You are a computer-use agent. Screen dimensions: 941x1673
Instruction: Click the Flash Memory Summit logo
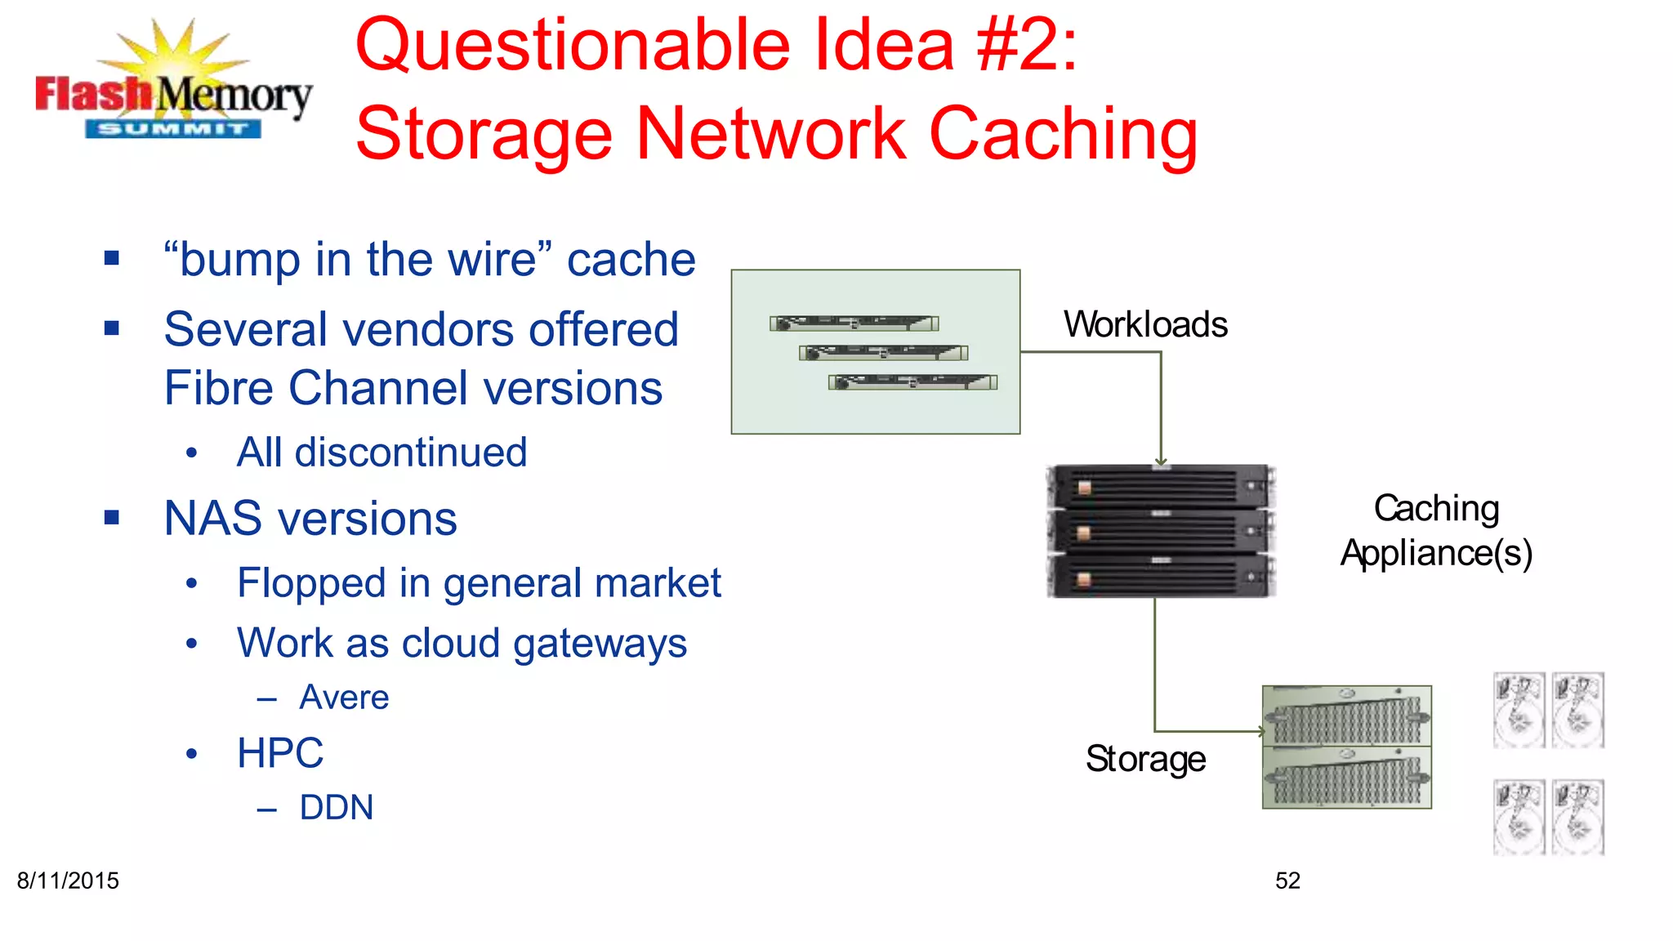(x=173, y=86)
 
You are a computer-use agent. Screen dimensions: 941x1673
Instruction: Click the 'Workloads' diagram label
(x=1145, y=325)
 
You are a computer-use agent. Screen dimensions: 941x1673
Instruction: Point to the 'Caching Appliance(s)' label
(x=1436, y=531)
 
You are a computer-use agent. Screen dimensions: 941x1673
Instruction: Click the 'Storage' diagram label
(x=1145, y=759)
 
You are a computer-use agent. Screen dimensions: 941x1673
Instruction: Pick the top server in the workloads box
(x=854, y=323)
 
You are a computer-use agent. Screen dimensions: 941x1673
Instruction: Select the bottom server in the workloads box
(x=912, y=382)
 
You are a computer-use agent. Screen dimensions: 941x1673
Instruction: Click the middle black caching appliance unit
(x=1161, y=531)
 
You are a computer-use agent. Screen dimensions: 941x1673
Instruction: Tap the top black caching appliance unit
(x=1161, y=487)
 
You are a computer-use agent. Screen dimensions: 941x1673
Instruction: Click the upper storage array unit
(x=1346, y=716)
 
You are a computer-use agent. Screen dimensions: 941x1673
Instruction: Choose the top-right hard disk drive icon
(x=1578, y=710)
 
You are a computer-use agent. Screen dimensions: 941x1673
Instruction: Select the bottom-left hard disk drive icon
(x=1519, y=817)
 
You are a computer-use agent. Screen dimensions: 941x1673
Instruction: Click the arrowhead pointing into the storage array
(x=1260, y=731)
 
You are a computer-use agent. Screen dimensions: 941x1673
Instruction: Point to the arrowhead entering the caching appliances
(x=1161, y=462)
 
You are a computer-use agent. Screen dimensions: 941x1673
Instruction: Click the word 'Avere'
(x=344, y=698)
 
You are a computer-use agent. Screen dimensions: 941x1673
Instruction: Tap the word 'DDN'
(x=337, y=808)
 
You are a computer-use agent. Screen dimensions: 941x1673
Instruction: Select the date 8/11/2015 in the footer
(x=68, y=881)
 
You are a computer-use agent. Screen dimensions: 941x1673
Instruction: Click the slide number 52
(x=1287, y=881)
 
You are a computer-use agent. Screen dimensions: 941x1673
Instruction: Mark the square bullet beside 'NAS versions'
(x=112, y=517)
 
